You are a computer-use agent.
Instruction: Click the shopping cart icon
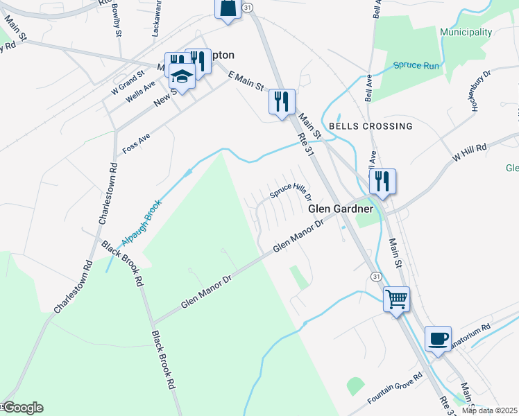[396, 300]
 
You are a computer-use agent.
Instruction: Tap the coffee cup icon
[438, 339]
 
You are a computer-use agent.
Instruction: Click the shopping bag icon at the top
[228, 8]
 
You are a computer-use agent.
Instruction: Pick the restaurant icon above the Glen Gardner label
[382, 182]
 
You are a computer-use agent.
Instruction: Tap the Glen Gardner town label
[341, 209]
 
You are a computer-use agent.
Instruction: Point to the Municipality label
[466, 33]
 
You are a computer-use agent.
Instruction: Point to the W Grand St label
[127, 79]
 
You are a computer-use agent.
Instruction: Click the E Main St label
[246, 80]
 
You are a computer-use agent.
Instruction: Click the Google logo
[22, 408]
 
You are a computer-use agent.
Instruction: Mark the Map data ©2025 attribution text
[488, 410]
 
